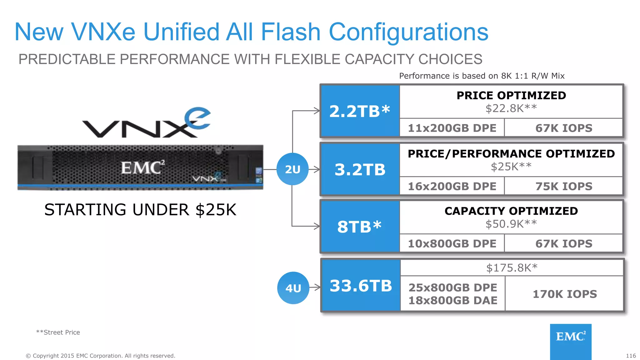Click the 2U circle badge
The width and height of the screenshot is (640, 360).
pos(292,169)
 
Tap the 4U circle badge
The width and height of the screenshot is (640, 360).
pos(293,288)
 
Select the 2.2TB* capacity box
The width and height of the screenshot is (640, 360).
pos(360,111)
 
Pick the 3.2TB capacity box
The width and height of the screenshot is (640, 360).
pos(360,169)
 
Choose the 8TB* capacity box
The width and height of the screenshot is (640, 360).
pos(360,227)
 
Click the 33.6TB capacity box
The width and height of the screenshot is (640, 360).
pos(361,285)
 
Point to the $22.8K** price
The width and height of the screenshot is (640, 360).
pos(511,108)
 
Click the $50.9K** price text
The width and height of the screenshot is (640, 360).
pos(511,224)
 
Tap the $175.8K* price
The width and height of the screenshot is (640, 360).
pos(512,268)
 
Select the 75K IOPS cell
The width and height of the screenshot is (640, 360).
pos(564,186)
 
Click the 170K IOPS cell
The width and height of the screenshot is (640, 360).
pos(564,294)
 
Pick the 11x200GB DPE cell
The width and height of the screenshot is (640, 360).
pos(452,128)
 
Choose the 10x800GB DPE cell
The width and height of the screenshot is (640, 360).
pos(452,243)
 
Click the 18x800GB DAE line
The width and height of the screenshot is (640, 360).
pos(452,300)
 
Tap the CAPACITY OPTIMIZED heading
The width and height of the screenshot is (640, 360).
pos(511,211)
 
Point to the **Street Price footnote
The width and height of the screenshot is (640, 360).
pos(58,332)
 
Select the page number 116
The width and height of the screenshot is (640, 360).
pos(631,356)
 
